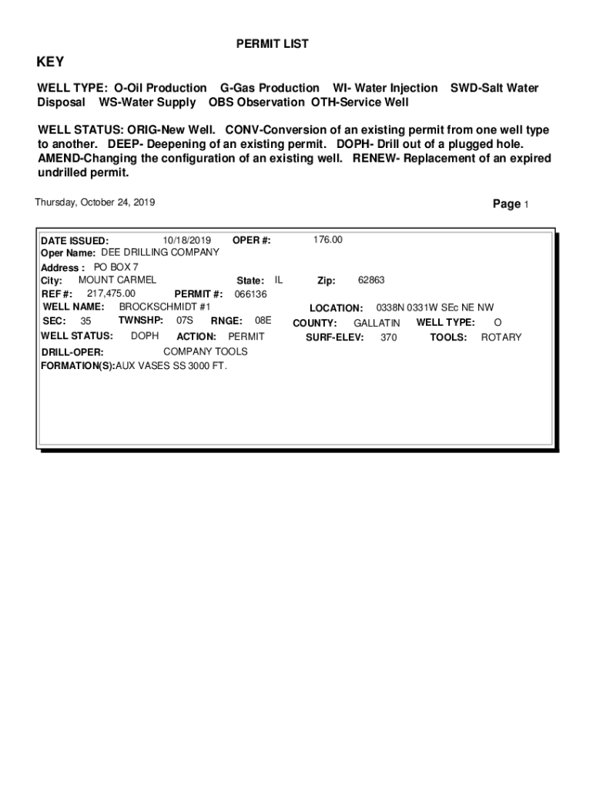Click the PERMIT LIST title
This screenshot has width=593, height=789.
(272, 45)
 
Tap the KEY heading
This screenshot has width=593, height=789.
(51, 62)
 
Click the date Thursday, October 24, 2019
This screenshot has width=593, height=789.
(95, 203)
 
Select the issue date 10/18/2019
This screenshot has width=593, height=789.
(187, 240)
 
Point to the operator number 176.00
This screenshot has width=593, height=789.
(327, 240)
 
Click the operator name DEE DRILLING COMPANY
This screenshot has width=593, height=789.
(160, 252)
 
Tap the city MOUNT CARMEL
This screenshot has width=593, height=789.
(117, 280)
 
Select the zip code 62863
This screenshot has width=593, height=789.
(371, 280)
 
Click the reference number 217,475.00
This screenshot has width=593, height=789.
(111, 294)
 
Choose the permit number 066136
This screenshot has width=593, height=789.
(250, 294)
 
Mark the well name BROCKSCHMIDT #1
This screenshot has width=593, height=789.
(164, 307)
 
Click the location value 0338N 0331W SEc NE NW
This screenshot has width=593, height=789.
(434, 307)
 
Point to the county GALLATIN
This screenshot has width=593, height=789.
(377, 323)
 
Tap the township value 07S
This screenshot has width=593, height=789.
(184, 321)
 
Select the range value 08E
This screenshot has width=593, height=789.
(263, 321)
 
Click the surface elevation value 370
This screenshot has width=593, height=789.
(389, 337)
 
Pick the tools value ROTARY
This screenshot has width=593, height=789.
(501, 337)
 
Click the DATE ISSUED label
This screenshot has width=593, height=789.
(75, 240)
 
